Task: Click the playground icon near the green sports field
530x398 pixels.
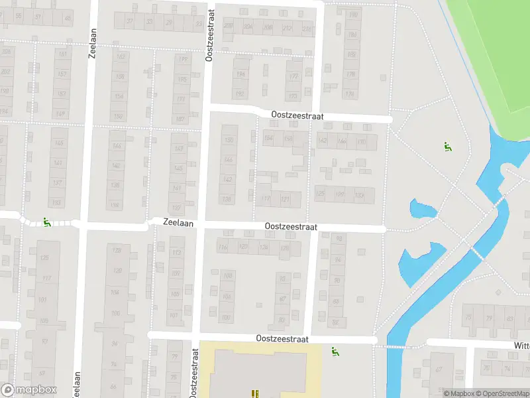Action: (x=447, y=146)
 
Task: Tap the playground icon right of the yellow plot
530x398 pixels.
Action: (x=335, y=351)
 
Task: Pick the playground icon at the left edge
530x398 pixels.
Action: (x=47, y=222)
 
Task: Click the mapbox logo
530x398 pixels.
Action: (x=28, y=390)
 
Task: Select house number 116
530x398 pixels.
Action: (x=223, y=247)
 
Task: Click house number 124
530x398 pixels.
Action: (x=264, y=247)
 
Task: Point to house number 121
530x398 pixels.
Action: (x=286, y=199)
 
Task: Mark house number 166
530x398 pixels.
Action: (x=342, y=141)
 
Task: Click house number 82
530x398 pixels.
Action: (x=335, y=322)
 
